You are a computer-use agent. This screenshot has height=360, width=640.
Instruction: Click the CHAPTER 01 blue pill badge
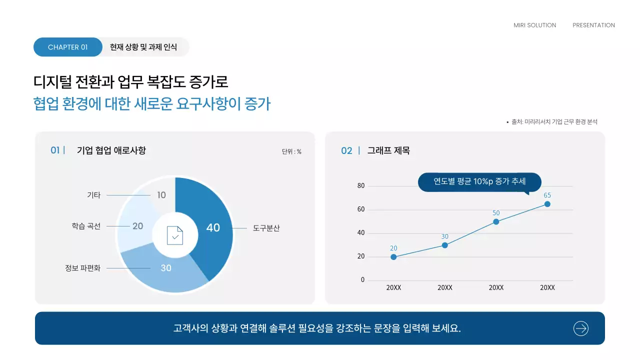point(67,47)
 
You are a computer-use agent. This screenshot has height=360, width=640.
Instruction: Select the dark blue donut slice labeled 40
point(212,227)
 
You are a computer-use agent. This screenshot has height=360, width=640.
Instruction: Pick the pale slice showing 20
point(137,226)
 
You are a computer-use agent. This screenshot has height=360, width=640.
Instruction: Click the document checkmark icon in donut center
point(175,235)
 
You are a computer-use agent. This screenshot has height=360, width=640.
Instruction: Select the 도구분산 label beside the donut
point(266,228)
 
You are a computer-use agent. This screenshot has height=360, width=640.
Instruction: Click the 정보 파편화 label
point(82,268)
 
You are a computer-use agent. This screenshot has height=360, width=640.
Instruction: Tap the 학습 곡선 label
point(86,226)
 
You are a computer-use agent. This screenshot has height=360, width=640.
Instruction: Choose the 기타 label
point(93,195)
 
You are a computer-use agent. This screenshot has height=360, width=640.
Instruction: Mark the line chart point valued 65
point(547,204)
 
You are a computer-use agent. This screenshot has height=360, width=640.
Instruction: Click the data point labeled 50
point(496,221)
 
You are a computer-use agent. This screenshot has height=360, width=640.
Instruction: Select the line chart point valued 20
point(393,257)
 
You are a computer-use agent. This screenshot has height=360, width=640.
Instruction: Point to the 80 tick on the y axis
point(361,186)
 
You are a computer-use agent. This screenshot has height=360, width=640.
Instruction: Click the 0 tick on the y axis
point(363,280)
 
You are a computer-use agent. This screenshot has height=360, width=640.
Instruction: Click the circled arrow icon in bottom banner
point(580,328)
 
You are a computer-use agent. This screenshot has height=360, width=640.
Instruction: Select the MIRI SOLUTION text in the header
point(534,25)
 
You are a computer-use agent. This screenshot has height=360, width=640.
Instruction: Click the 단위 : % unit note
point(291,151)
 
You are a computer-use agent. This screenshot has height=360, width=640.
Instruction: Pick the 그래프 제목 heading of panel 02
point(388,150)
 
